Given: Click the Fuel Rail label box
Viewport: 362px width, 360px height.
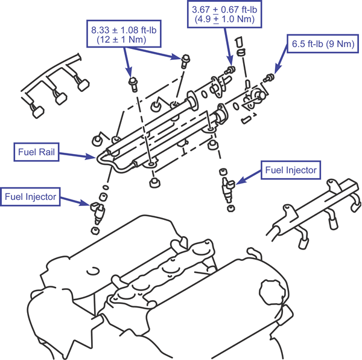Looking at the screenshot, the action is coord(36,152).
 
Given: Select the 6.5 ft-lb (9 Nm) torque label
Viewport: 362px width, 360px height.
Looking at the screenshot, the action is coord(323,43).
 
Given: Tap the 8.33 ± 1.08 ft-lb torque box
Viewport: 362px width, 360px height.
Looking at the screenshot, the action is coord(124,34).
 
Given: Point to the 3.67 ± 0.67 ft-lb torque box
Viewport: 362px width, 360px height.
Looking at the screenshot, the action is coord(224,14).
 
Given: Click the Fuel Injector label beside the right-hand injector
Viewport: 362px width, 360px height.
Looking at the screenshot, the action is coord(291,170).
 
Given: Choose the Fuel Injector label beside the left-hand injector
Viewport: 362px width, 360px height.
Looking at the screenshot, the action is coord(30,197).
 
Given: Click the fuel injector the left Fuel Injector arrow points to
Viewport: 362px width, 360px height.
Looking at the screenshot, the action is coord(98,213).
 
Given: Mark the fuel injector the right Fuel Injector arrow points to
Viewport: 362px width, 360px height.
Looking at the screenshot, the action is coord(228,189).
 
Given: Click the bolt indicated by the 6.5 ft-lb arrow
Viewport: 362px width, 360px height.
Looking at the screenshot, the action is coord(269,77).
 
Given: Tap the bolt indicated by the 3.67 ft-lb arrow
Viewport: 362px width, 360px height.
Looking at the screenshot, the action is coord(230,70).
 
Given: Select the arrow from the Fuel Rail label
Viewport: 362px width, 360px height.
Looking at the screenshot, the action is coord(77,155).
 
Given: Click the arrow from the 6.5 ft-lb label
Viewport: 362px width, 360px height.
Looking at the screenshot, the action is coord(281,59).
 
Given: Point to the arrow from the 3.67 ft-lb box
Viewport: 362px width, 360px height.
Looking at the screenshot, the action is coord(228,47).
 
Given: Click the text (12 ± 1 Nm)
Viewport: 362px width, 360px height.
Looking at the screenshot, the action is coord(121,39).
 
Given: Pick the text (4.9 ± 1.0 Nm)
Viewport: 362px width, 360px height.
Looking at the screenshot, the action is coord(224,19).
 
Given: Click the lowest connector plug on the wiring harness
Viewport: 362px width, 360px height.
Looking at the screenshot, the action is coord(38,112).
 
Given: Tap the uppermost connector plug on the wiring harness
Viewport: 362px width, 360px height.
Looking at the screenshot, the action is coord(83,85).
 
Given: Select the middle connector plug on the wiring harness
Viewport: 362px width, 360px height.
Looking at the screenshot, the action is coord(61,98).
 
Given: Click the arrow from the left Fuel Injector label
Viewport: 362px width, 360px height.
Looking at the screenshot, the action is coord(75,201).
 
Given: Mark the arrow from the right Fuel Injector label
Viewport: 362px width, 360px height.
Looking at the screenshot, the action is coord(249,177).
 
